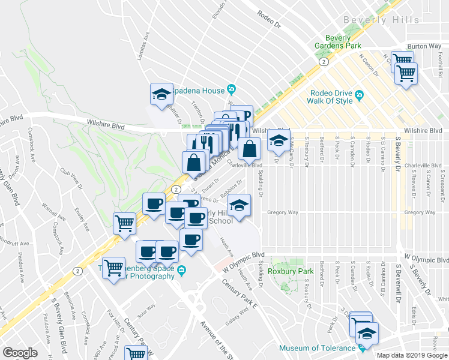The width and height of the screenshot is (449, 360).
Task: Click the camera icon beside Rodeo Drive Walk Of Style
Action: point(359,94)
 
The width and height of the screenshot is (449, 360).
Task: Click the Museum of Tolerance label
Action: point(316,348)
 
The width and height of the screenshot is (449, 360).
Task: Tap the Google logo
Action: point(20,352)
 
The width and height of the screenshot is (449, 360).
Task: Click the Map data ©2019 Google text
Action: point(412,355)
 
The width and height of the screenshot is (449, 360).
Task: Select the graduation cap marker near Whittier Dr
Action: point(161,94)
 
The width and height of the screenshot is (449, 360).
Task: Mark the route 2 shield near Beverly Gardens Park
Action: point(324,61)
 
